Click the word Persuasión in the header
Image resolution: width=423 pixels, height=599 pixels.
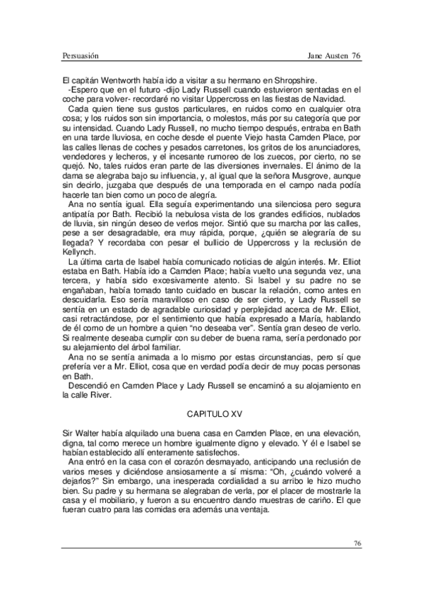(x=77, y=55)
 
